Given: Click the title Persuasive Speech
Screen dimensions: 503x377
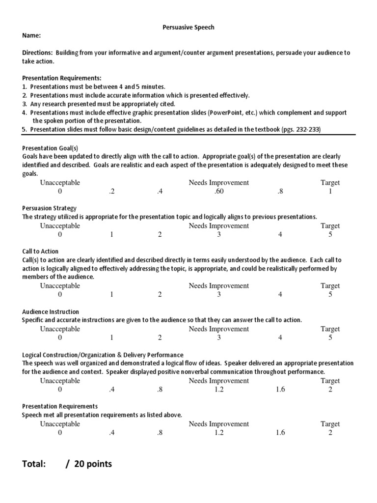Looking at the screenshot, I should tap(188, 28).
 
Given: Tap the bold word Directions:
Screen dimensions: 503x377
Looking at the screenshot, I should tap(38, 53).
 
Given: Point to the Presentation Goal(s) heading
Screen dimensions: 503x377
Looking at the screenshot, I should tap(50, 148).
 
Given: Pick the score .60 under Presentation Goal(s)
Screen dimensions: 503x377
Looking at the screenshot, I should tap(219, 192).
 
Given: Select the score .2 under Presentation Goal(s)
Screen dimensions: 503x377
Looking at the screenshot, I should tap(111, 192).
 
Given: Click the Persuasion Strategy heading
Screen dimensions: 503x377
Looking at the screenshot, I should tap(49, 208).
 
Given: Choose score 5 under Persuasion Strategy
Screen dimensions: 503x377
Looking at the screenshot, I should tap(330, 235).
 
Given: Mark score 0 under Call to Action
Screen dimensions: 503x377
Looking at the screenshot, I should tap(60, 295).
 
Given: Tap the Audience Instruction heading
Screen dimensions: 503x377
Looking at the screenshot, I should tap(51, 312).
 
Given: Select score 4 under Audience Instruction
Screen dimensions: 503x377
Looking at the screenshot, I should tap(280, 338).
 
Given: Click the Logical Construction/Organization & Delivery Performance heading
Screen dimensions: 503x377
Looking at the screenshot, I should tap(103, 355).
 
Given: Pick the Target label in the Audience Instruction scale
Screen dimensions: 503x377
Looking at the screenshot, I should tap(330, 329).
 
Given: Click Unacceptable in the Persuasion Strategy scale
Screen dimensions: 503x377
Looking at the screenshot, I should tap(60, 226).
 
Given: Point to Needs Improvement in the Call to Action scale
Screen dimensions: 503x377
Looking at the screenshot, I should tap(219, 286).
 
